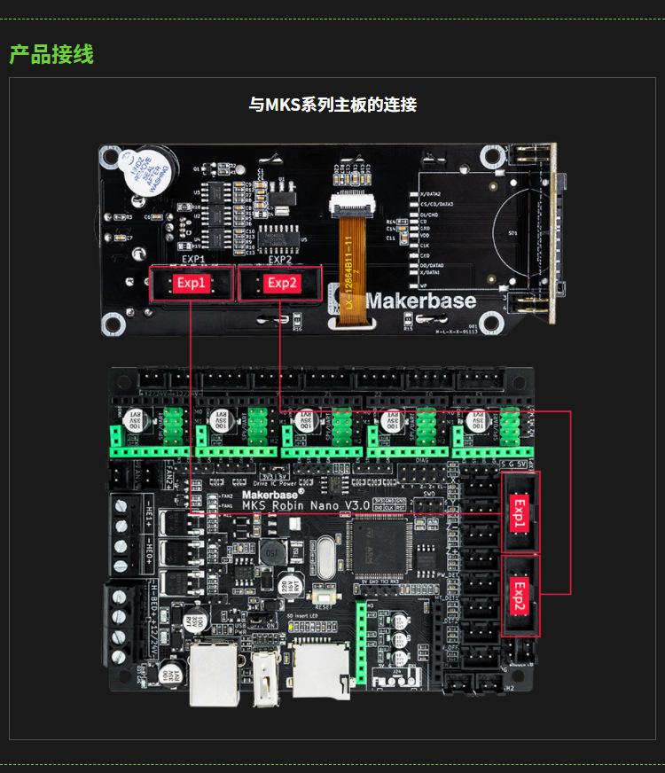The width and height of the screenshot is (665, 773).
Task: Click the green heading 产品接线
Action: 51,54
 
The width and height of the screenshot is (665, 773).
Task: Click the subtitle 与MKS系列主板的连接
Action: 332,105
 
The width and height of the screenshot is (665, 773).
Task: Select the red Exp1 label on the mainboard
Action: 520,513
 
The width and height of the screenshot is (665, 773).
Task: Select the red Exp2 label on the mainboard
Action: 520,595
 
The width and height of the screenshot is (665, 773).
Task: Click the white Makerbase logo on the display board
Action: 420,301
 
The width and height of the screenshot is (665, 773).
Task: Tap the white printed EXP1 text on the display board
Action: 192,260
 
